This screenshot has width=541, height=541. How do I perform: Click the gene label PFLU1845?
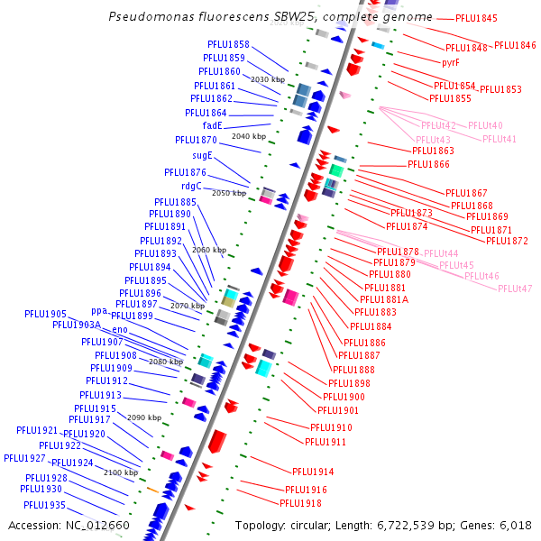pyautogui.click(x=476, y=18)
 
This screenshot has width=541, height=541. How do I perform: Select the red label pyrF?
pyautogui.click(x=451, y=62)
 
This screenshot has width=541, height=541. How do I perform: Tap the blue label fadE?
pyautogui.click(x=213, y=125)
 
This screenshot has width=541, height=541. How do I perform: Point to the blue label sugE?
pyautogui.click(x=202, y=156)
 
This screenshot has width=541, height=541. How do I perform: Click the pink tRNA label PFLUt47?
pyautogui.click(x=515, y=289)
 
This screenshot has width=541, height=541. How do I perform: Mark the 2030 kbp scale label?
pyautogui.click(x=267, y=79)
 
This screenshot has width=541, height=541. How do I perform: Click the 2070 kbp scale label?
pyautogui.click(x=187, y=306)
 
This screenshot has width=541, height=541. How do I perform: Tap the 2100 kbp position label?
pyautogui.click(x=120, y=472)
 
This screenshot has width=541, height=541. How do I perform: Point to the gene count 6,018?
pyautogui.click(x=513, y=525)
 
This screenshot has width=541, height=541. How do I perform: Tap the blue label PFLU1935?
pyautogui.click(x=45, y=505)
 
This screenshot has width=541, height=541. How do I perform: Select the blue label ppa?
pyautogui.click(x=99, y=311)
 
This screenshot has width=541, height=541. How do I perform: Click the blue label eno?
pyautogui.click(x=120, y=329)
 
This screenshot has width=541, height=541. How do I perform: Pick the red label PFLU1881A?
pyautogui.click(x=384, y=299)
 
